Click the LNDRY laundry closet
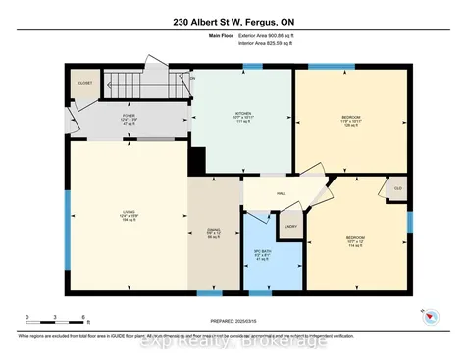pyautogui.click(x=291, y=227)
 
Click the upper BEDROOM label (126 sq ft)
pyautogui.click(x=350, y=119)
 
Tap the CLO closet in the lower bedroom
pyautogui.click(x=397, y=187)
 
